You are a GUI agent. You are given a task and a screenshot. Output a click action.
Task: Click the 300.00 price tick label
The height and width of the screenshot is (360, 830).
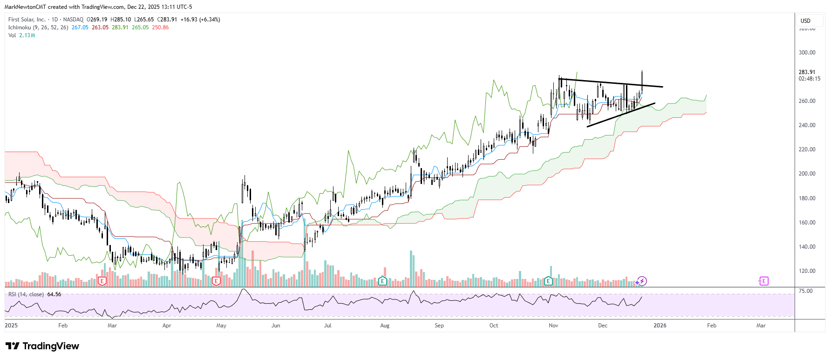click(x=807, y=53)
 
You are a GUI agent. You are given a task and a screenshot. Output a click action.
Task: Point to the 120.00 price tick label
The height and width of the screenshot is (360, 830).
click(x=807, y=271)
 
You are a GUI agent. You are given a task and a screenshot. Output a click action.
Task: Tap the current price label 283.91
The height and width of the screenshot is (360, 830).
click(x=807, y=72)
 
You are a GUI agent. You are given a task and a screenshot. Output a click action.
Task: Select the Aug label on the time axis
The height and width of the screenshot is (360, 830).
click(x=385, y=326)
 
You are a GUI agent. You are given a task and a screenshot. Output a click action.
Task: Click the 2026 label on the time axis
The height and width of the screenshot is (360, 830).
click(x=660, y=326)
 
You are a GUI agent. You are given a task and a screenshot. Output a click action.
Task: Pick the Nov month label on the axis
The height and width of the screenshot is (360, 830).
click(x=553, y=326)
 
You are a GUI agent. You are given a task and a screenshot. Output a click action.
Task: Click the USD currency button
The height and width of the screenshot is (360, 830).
click(x=806, y=21)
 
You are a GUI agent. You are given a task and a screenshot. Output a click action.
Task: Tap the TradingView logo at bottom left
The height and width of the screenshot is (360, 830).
click(x=42, y=346)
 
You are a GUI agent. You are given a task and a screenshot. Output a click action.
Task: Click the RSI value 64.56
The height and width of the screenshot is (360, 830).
click(x=54, y=294)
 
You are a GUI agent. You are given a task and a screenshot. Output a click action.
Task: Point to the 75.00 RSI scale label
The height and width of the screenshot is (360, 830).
click(x=806, y=291)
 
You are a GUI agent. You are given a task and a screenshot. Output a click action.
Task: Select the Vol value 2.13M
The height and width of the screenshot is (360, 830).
click(x=27, y=35)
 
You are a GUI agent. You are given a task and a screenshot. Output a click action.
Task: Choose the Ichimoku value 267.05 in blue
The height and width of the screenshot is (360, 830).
click(x=80, y=27)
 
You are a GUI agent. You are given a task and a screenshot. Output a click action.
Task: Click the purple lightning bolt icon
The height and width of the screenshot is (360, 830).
click(x=642, y=281)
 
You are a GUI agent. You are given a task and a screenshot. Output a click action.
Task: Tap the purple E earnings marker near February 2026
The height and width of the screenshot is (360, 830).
click(x=763, y=281)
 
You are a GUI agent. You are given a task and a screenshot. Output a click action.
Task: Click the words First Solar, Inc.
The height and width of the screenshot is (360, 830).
click(x=27, y=20)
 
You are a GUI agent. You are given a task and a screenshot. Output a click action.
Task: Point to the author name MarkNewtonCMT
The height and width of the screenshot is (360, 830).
click(x=25, y=7)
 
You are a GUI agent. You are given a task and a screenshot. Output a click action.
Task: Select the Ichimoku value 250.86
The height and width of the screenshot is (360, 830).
click(x=160, y=27)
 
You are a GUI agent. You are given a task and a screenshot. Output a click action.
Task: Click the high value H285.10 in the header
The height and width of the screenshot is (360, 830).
click(x=121, y=20)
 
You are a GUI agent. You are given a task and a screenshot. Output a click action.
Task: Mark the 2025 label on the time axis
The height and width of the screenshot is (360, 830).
click(x=11, y=326)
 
